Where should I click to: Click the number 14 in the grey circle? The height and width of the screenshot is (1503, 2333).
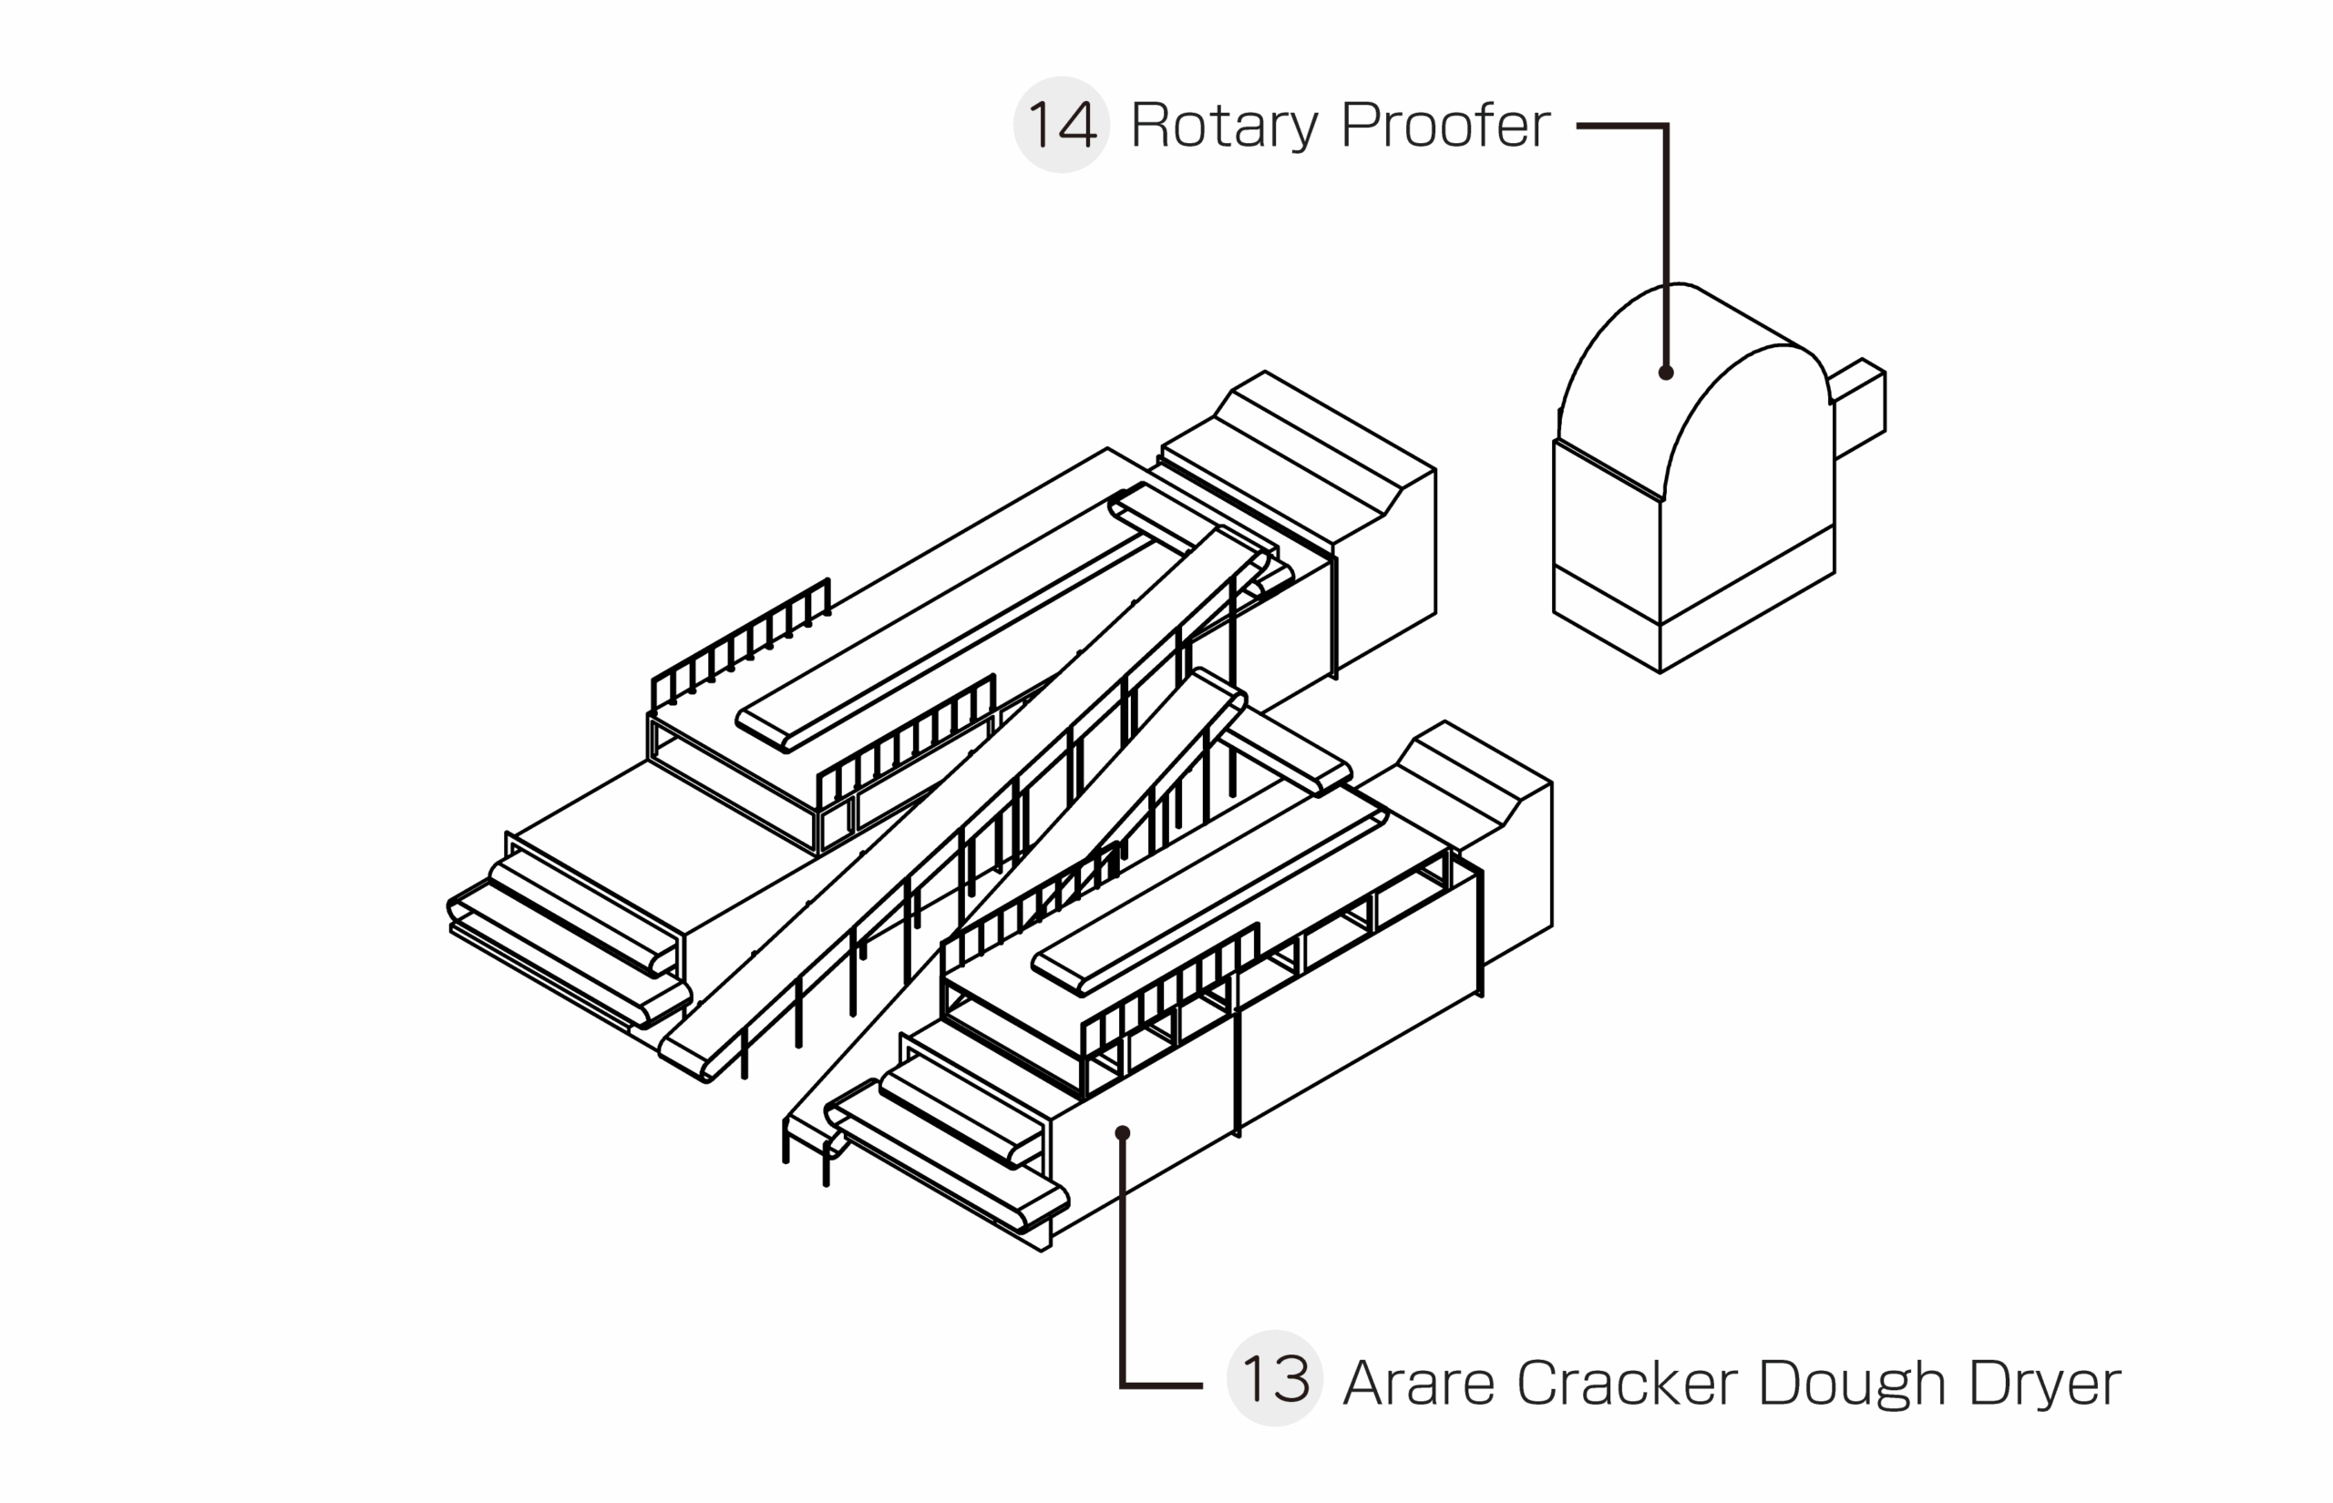click(1061, 125)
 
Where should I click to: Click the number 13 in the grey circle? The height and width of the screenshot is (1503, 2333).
click(1274, 1379)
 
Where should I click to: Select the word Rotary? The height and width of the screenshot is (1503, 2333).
click(1224, 125)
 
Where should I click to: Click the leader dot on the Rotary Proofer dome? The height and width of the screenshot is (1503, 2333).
click(1665, 372)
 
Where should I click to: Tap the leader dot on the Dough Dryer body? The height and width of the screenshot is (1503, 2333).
click(1123, 1133)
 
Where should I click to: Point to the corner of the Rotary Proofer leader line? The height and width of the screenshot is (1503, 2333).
click(1665, 126)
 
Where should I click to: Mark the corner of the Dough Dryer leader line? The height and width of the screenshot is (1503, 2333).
click(1123, 1384)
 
